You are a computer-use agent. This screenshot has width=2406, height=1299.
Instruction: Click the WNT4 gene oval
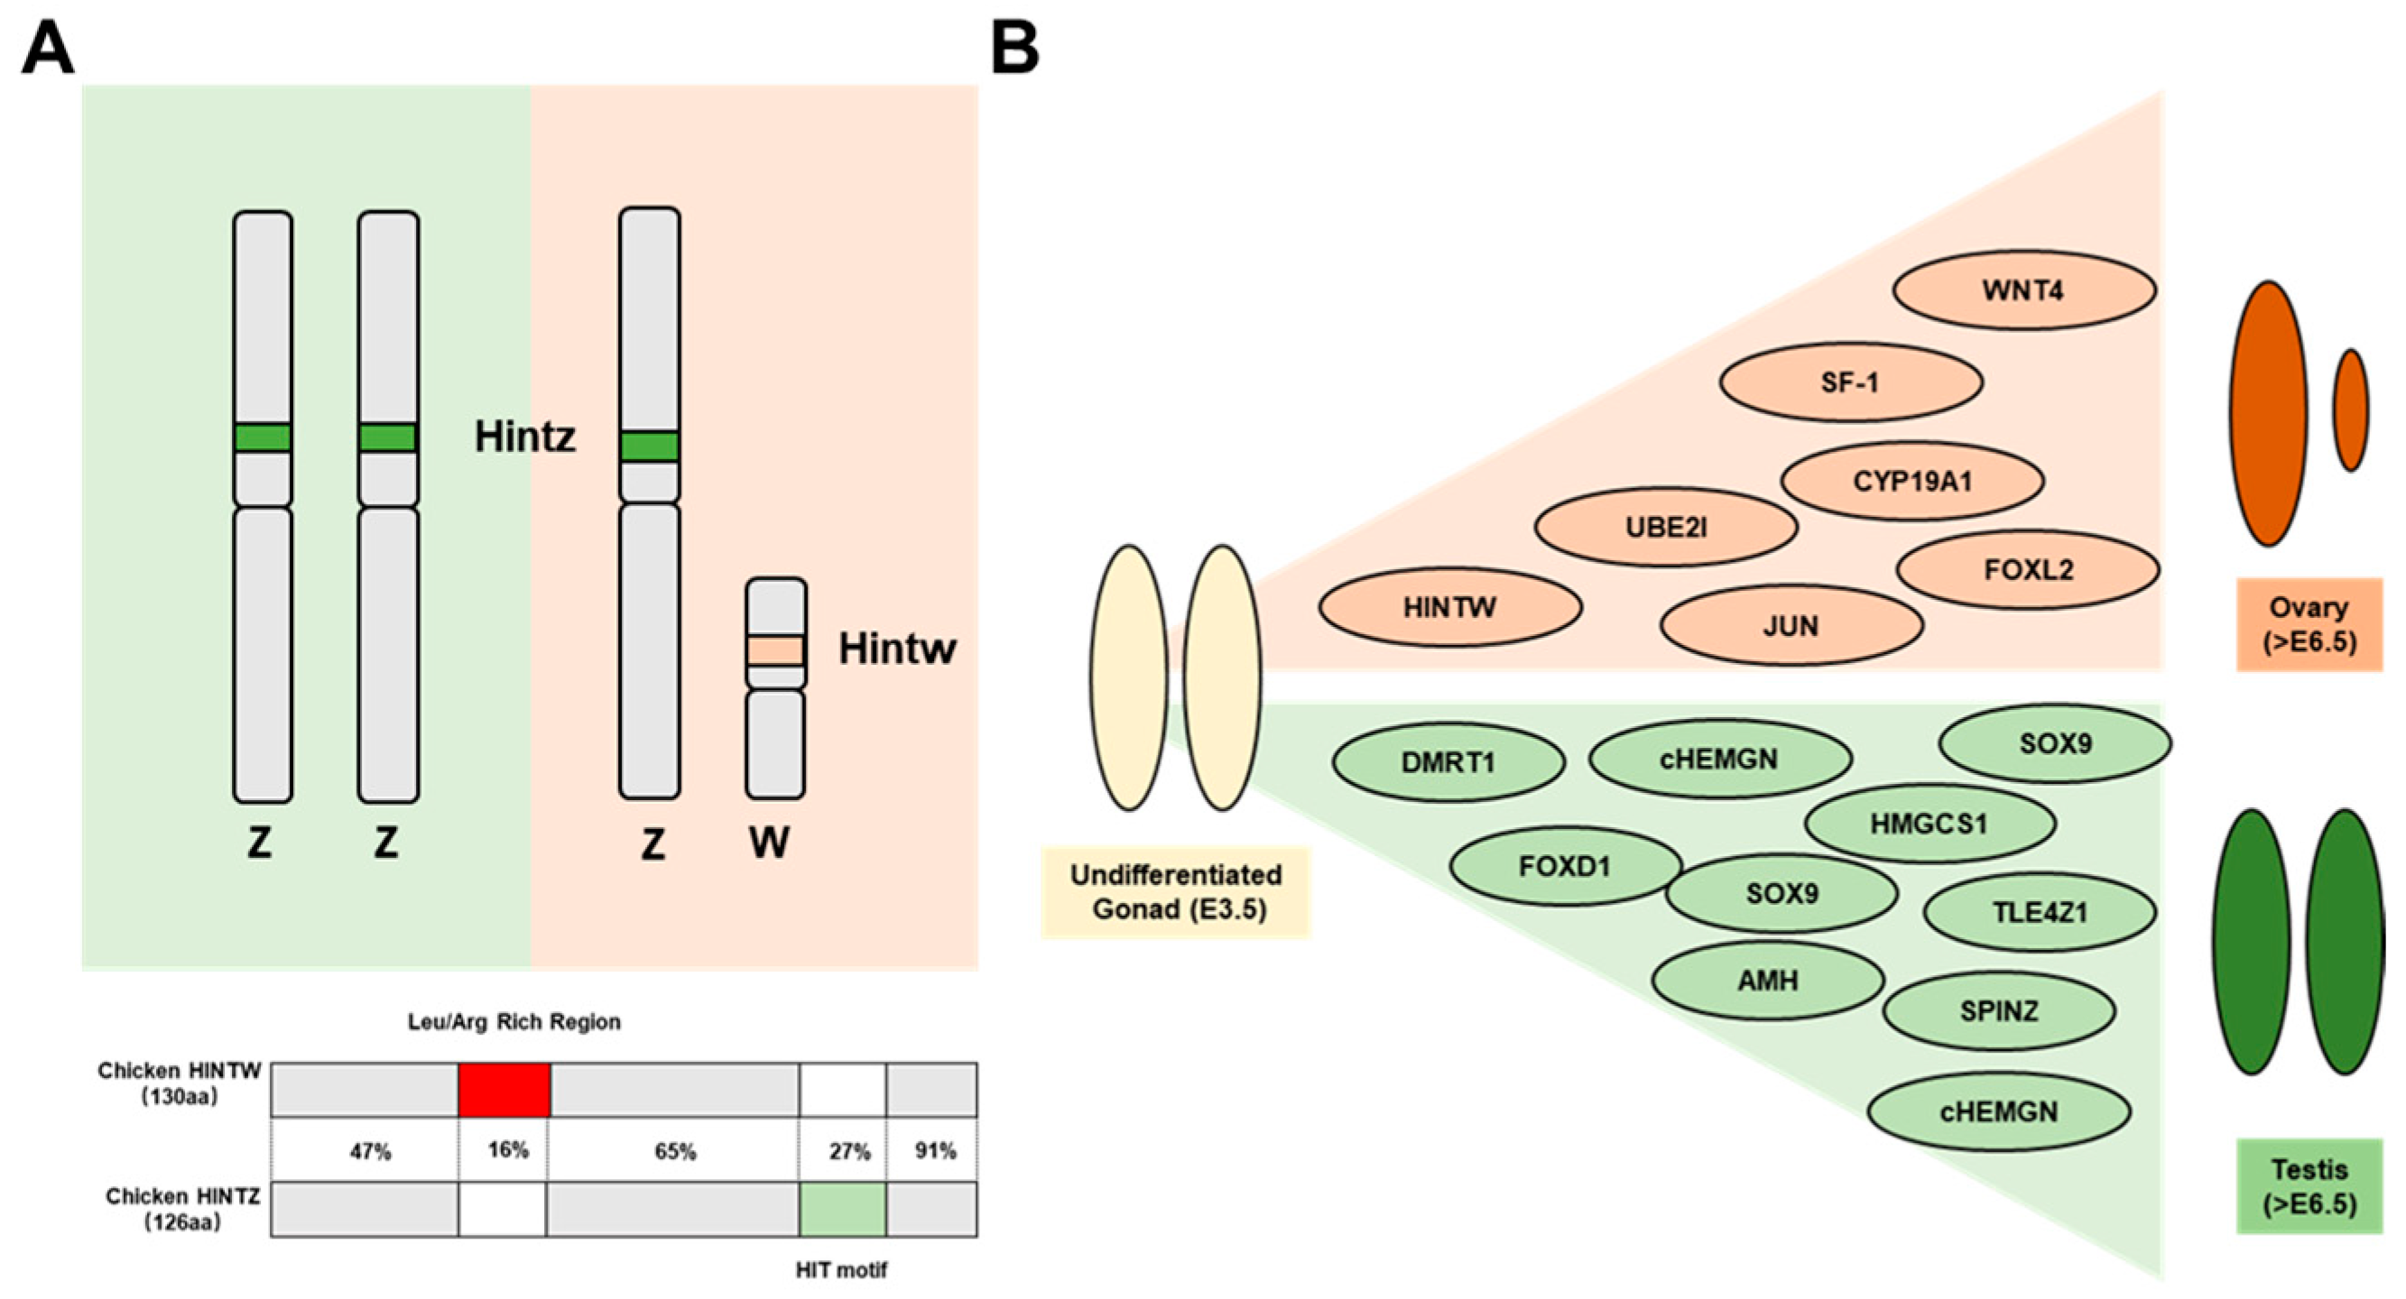[x=2023, y=290]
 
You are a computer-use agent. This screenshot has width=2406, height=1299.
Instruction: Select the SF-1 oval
[x=1850, y=382]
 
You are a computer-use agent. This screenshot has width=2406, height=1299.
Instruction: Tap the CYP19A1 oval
[x=1912, y=481]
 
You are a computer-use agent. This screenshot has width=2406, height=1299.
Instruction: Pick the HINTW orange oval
[x=1449, y=607]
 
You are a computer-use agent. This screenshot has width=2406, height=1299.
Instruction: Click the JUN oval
[x=1791, y=625]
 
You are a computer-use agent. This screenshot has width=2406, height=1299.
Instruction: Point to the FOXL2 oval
[x=2028, y=568]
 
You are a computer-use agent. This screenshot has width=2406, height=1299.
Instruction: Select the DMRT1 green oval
[x=1448, y=762]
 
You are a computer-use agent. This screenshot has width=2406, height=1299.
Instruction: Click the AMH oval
[x=1767, y=981]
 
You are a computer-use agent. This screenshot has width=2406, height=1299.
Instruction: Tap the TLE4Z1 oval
[x=2039, y=912]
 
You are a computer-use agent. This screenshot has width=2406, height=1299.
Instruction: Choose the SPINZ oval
[x=1999, y=1010]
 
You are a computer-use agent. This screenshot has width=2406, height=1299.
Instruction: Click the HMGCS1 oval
[x=1929, y=824]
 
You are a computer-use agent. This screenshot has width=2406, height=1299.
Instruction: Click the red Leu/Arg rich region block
[x=504, y=1089]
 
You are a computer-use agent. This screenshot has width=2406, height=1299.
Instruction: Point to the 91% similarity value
[x=934, y=1150]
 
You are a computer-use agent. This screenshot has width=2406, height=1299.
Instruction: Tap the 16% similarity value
[x=507, y=1149]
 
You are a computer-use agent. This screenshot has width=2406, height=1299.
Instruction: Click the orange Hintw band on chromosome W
[x=775, y=650]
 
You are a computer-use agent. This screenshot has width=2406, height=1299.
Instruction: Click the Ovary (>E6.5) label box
[x=2308, y=624]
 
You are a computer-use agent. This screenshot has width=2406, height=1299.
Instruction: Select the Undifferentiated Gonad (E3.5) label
[x=1175, y=892]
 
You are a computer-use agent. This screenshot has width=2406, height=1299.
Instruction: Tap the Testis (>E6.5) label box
[x=2308, y=1186]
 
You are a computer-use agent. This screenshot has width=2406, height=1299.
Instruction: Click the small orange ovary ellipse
[x=2350, y=410]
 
